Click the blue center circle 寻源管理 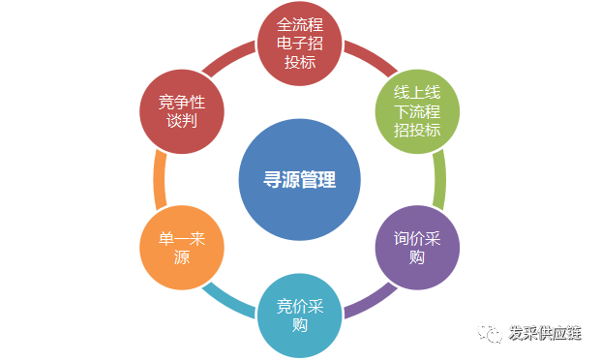pos(300,180)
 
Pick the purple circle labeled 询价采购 pos(417,249)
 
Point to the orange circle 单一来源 pos(182,249)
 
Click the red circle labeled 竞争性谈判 pos(182,112)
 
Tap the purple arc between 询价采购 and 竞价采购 pos(366,301)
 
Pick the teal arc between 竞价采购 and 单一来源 pos(232,300)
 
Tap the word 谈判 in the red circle pos(182,123)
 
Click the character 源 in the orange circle pos(182,259)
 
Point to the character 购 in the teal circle pos(300,326)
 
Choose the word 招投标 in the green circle pos(417,131)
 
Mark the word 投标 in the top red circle pos(300,64)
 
